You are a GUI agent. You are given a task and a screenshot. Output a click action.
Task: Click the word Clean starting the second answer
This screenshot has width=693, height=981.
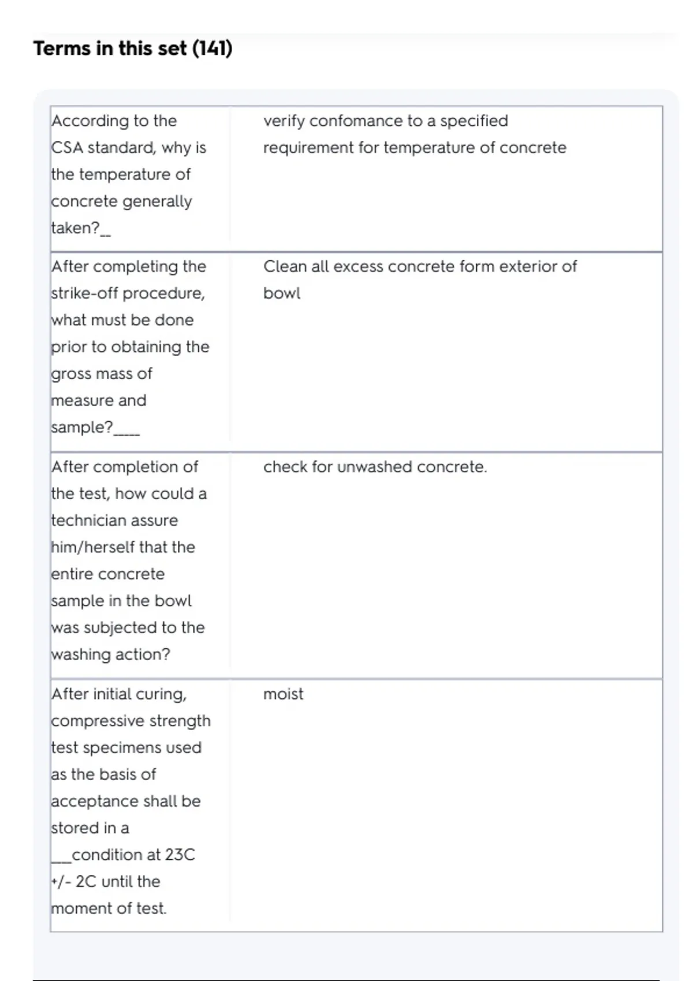tap(286, 267)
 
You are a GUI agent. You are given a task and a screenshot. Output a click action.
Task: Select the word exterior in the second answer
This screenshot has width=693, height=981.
tap(527, 267)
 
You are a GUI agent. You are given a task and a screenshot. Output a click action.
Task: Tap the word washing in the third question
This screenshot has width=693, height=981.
tap(80, 655)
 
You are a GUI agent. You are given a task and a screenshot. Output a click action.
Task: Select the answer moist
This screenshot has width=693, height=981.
tap(283, 694)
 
